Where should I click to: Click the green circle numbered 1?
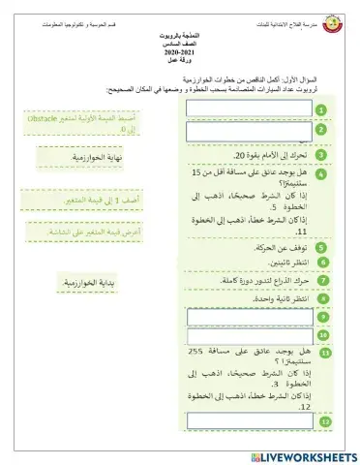coord(321,110)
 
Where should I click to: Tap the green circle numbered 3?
coord(321,153)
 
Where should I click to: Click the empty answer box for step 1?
coord(249,108)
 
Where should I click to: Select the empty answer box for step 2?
coord(249,131)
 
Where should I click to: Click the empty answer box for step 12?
coord(250,420)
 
